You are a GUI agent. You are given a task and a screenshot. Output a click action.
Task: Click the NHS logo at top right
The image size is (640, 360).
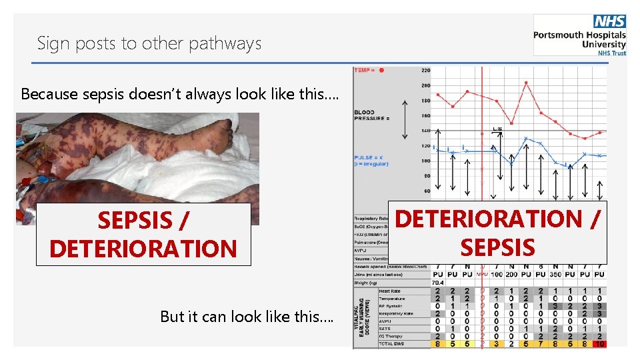click(610, 22)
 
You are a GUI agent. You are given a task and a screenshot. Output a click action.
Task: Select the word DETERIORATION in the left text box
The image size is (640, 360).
click(143, 249)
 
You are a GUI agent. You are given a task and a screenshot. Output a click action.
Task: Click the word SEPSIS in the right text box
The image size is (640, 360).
click(497, 247)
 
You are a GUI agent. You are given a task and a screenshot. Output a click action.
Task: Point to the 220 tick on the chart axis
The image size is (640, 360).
click(426, 70)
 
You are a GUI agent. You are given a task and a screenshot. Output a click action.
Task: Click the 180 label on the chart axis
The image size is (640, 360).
click(426, 101)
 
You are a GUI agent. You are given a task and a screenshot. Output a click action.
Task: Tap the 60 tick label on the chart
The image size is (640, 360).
click(427, 191)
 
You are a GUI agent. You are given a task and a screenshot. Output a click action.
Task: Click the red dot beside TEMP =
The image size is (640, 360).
click(381, 69)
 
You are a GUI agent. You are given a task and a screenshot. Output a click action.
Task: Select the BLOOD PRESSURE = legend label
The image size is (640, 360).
click(371, 115)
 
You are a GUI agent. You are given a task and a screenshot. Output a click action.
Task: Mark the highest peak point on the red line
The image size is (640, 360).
click(527, 83)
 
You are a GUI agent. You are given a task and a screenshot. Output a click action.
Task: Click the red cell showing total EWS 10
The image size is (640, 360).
click(599, 344)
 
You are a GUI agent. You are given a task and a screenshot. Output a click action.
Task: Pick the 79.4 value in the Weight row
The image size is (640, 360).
click(437, 283)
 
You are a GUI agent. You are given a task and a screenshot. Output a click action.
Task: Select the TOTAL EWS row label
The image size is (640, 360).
click(392, 344)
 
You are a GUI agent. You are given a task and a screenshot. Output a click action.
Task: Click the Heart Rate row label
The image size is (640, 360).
click(389, 291)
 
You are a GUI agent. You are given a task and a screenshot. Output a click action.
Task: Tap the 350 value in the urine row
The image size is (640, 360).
click(555, 274)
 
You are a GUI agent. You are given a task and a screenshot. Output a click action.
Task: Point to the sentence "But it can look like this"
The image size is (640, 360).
click(247, 317)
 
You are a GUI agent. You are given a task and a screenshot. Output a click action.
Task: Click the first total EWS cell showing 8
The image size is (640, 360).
click(437, 344)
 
